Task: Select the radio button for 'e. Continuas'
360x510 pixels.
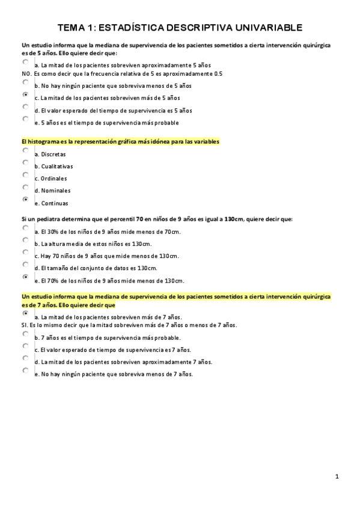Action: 25,199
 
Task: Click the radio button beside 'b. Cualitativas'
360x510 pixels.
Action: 25,162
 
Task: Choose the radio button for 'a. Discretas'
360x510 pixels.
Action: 25,150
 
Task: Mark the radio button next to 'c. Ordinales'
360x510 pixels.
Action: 25,174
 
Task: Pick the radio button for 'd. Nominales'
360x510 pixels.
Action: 25,187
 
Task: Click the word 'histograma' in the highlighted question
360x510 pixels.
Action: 45,141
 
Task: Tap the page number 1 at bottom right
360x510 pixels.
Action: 337,477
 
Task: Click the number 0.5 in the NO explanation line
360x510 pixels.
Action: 218,73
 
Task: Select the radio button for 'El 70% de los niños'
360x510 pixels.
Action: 25,277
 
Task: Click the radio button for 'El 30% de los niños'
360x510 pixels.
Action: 25,229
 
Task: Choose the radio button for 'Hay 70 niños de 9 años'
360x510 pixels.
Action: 25,253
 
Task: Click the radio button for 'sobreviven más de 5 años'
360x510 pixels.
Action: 25,94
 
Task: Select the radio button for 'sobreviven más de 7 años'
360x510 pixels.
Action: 25,313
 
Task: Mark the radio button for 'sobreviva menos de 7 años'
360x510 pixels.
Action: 25,370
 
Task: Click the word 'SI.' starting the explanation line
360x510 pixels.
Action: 25,325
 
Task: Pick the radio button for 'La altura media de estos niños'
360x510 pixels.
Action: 25,241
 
